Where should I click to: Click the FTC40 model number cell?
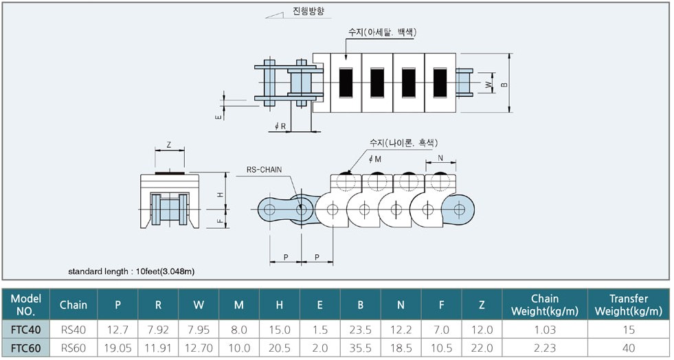26,330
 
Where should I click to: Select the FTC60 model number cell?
26,348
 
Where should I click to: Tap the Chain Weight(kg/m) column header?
545,304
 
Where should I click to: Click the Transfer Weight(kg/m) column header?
629,304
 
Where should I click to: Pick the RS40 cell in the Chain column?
74,330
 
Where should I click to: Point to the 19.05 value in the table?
117,348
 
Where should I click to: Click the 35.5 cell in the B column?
360,348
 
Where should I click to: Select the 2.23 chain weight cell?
545,348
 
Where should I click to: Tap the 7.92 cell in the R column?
158,330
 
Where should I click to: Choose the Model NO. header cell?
26,304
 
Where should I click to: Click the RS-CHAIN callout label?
265,170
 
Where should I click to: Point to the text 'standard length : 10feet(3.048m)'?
131,271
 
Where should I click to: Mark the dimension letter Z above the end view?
169,145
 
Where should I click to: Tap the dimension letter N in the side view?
440,158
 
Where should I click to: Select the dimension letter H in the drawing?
221,194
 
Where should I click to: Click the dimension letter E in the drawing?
218,116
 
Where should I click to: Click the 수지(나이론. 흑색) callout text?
403,143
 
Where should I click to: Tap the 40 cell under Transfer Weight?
629,348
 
